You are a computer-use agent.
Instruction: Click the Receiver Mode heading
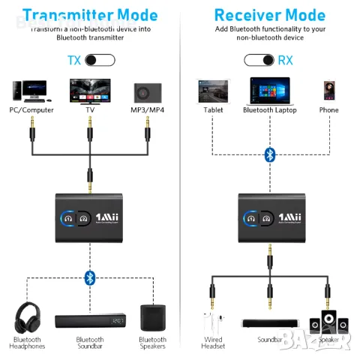[270, 15]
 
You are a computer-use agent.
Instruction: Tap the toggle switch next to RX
[259, 61]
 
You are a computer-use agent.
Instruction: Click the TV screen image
[90, 91]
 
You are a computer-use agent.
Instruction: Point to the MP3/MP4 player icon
[147, 92]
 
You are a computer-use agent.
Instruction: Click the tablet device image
[213, 91]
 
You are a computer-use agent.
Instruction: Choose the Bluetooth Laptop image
[270, 91]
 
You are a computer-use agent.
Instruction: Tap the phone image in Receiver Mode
[328, 91]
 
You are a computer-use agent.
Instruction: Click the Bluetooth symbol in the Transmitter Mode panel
[90, 278]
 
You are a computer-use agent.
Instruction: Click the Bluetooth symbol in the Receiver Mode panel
[270, 154]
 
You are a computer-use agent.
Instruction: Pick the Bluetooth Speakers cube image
[152, 317]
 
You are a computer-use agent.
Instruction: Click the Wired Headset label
[213, 341]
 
